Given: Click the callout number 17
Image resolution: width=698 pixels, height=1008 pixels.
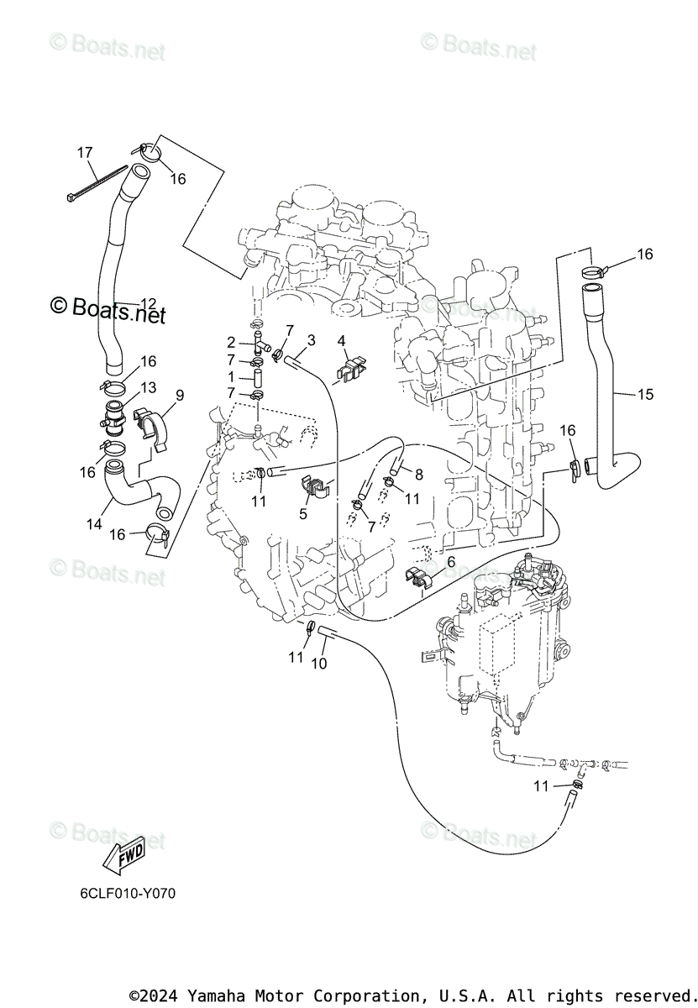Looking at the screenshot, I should tap(85, 152).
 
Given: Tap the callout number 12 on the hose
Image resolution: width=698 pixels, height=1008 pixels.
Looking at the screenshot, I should tap(148, 303).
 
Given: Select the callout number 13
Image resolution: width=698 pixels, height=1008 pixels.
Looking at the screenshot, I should tap(148, 387).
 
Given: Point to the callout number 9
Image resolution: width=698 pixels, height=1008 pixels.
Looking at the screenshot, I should tap(180, 394).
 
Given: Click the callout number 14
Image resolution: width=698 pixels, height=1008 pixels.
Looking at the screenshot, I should tap(94, 523).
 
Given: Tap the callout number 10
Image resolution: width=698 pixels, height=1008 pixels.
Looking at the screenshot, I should tap(320, 663).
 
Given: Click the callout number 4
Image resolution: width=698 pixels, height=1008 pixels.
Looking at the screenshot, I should tap(342, 341).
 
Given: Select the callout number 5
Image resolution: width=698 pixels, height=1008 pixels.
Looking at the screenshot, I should tap(304, 512).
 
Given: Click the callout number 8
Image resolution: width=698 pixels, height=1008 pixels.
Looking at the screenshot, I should tap(418, 474).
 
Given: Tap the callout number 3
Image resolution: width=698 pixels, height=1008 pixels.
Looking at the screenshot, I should tap(312, 339).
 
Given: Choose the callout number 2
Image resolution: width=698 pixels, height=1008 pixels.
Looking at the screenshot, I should tap(231, 342).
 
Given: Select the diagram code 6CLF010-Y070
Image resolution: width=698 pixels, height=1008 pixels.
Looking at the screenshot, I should tap(123, 894).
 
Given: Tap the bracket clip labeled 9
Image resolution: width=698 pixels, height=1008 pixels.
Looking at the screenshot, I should tap(151, 423).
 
